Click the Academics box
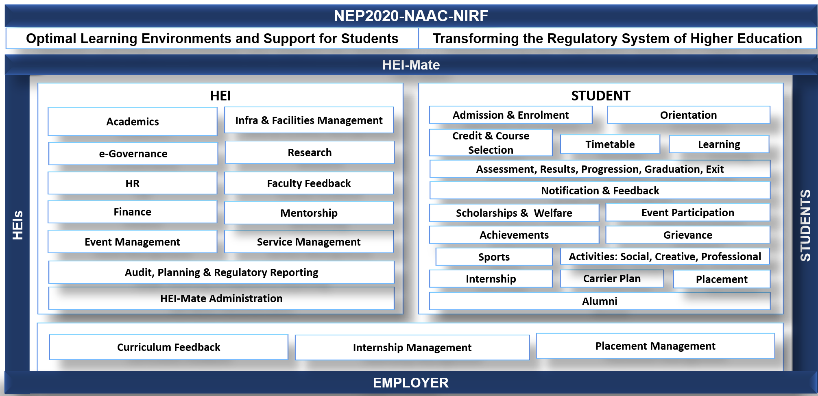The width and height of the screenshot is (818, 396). (x=133, y=121)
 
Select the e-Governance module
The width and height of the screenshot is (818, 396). (x=133, y=153)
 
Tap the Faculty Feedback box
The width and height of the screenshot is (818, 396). (x=309, y=183)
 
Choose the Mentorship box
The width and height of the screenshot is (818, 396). (x=309, y=213)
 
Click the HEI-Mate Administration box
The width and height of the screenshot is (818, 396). (x=221, y=298)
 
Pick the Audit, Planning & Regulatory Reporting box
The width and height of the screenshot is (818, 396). (x=221, y=272)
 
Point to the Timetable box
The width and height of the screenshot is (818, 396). (x=610, y=144)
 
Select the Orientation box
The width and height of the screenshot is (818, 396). (x=688, y=115)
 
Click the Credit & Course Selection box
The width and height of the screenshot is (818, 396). (x=491, y=142)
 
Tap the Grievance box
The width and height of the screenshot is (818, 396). (x=688, y=235)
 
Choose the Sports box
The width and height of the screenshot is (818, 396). (x=494, y=257)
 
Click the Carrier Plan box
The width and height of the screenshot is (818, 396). (x=612, y=279)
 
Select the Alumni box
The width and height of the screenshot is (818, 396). (x=600, y=301)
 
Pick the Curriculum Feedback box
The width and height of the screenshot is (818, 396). (x=168, y=347)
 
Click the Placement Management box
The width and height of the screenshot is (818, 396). (x=655, y=346)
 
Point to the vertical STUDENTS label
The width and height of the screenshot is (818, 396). (x=805, y=225)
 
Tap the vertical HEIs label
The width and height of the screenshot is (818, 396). (x=17, y=225)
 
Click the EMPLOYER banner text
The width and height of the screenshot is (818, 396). (x=411, y=383)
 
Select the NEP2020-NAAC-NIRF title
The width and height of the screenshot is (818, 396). (x=411, y=16)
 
